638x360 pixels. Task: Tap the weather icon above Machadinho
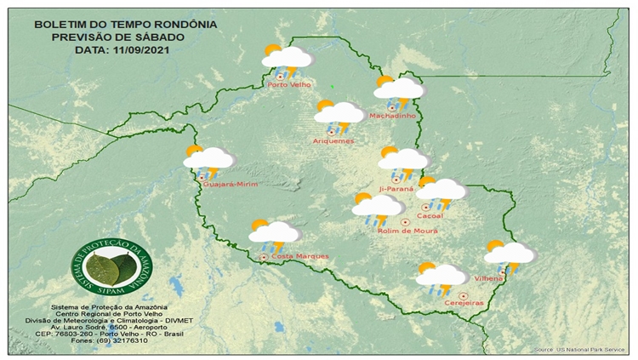coord(397,89)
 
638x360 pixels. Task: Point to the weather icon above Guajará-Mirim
coord(208,159)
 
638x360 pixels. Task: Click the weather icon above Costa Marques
coord(274,233)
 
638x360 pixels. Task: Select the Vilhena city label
coord(490,278)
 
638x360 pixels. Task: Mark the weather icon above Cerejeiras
coord(441,276)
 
